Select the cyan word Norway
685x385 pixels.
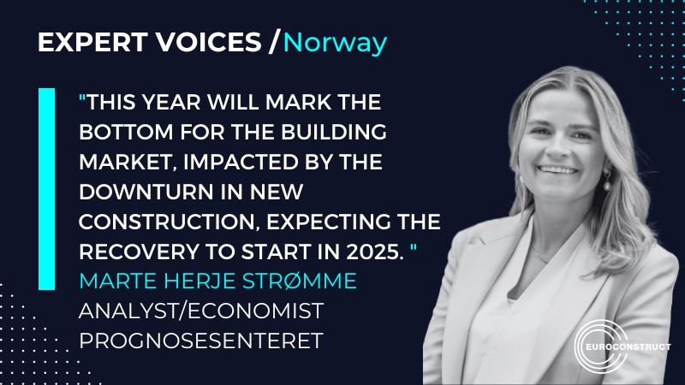(336, 43)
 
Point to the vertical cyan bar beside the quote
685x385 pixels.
(46, 188)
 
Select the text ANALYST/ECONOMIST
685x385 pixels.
(177, 309)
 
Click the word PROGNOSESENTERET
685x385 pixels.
(200, 339)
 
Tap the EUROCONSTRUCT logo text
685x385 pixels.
(622, 348)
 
